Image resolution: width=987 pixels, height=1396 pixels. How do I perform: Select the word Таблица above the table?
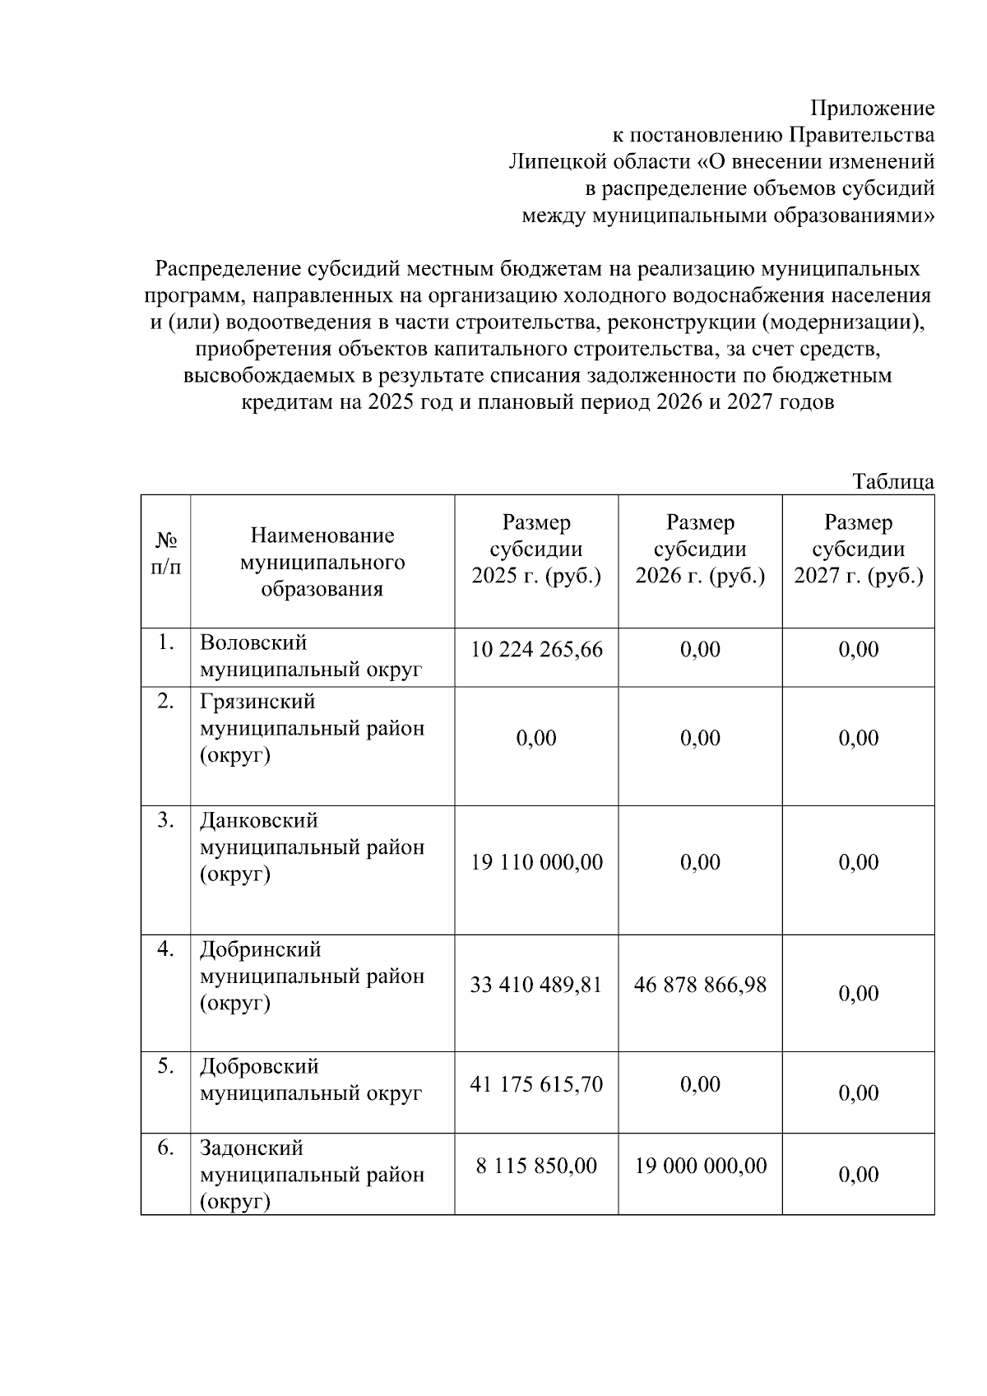coord(893,482)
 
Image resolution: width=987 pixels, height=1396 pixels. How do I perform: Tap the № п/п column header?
coord(166,554)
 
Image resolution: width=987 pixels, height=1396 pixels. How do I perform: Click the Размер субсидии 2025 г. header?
coord(536,550)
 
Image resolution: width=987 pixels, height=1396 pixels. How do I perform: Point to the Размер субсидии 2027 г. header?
coord(858,550)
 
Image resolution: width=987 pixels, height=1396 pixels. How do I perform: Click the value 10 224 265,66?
coord(536,650)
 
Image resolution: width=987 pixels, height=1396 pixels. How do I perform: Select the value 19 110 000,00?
coord(536,862)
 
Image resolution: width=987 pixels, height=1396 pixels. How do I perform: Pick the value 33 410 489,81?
coord(536,985)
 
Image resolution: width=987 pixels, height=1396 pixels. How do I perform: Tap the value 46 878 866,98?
coord(700,985)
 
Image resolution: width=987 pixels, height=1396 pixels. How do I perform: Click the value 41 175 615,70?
coord(536,1084)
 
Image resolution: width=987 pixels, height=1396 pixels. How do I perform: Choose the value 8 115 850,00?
coord(536,1166)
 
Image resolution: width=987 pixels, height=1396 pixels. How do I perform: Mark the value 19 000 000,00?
coord(700,1166)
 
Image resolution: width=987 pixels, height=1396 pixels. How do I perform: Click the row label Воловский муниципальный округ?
coord(311,656)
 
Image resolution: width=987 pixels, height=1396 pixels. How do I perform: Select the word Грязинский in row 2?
coord(257,703)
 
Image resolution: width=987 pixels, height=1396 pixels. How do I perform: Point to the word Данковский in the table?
coord(258,821)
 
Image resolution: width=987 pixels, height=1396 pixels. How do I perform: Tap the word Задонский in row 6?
coord(252,1148)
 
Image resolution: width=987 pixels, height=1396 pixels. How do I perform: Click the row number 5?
coord(166,1067)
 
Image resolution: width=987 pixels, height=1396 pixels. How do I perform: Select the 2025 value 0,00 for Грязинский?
coord(536,738)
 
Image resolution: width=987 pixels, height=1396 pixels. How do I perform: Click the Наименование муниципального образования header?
coord(322,563)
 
